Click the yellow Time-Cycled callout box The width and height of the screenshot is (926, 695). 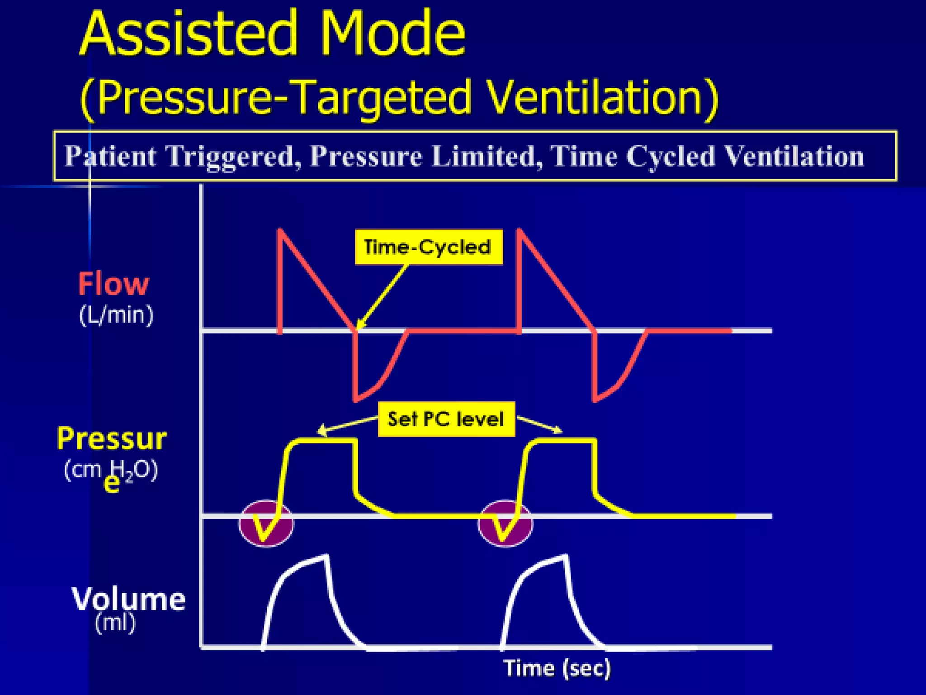428,247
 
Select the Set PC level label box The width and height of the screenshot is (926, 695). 446,419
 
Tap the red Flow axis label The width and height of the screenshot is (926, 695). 113,284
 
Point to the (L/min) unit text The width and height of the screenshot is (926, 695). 116,315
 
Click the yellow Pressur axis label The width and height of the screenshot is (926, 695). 112,438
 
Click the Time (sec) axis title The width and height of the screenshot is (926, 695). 557,668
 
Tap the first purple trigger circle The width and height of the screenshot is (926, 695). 266,524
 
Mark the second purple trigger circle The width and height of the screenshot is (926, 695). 505,524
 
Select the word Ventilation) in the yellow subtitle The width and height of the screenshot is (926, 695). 603,97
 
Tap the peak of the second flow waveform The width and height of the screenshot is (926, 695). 520,230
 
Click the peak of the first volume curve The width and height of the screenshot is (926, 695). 325,557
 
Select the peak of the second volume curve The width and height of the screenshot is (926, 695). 564,557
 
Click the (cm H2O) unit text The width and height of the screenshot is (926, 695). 111,471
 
